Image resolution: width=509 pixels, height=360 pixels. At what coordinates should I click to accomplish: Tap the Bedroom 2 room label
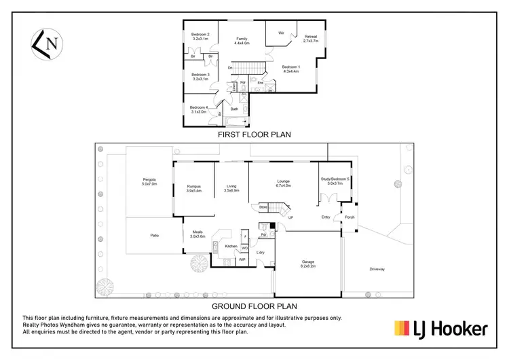pyautogui.click(x=200, y=37)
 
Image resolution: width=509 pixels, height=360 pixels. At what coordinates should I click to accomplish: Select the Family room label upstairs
pyautogui.click(x=242, y=41)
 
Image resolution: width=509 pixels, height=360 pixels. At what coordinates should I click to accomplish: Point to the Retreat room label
pyautogui.click(x=311, y=39)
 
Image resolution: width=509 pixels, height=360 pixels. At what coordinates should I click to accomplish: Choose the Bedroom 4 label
pyautogui.click(x=198, y=109)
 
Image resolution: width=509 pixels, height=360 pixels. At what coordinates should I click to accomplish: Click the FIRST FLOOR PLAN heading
pyautogui.click(x=254, y=135)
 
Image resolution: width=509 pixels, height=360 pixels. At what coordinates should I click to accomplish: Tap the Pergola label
pyautogui.click(x=149, y=181)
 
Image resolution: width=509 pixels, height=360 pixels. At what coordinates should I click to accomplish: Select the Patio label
pyautogui.click(x=155, y=235)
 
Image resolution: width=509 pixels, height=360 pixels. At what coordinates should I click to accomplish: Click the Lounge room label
pyautogui.click(x=284, y=183)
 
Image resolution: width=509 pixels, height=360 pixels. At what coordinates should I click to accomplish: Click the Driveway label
pyautogui.click(x=377, y=270)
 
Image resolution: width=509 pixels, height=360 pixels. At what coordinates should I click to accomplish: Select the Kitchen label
pyautogui.click(x=231, y=245)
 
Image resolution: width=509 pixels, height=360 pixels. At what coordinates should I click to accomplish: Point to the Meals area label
pyautogui.click(x=197, y=234)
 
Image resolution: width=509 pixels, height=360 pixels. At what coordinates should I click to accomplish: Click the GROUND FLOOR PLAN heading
pyautogui.click(x=254, y=306)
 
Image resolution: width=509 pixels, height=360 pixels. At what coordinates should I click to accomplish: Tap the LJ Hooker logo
pyautogui.click(x=441, y=329)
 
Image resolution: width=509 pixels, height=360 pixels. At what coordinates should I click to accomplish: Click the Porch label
pyautogui.click(x=349, y=217)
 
